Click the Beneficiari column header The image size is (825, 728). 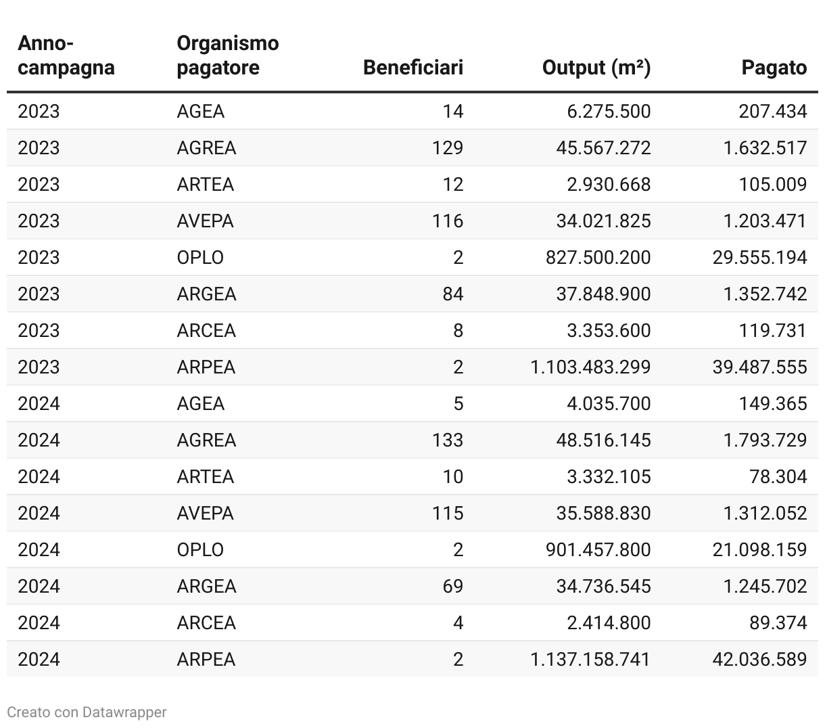[x=412, y=68]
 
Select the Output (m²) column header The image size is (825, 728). [x=596, y=68]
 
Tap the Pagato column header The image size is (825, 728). [x=774, y=68]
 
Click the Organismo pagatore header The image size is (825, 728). [x=227, y=55]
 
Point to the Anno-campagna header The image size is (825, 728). [x=66, y=55]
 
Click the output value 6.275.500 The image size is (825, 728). [x=609, y=111]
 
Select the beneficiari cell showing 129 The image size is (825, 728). [x=448, y=147]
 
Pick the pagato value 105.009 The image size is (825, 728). [x=772, y=184]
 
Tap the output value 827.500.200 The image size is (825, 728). [x=598, y=257]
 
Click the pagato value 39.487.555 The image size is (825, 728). [x=759, y=367]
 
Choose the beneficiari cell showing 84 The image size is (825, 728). [x=452, y=294]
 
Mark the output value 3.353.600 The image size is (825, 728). [x=609, y=330]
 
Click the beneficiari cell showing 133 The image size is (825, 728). [x=448, y=440]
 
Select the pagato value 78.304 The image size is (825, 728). [x=778, y=476]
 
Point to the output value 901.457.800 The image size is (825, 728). [x=598, y=549]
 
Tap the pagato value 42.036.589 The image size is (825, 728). [x=759, y=659]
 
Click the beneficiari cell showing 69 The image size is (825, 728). [x=452, y=586]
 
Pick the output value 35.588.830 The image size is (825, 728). [x=603, y=513]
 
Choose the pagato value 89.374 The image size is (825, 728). [x=778, y=622]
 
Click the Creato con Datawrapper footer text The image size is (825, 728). [x=87, y=712]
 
